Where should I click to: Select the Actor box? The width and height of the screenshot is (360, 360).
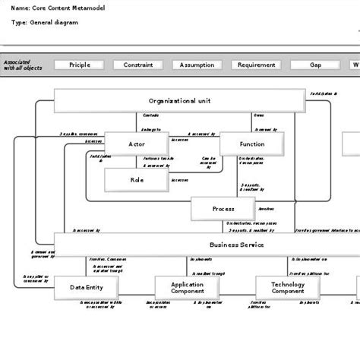[x=136, y=144]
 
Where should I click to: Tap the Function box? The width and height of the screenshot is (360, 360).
[x=251, y=144]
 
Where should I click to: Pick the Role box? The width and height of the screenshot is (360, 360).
[x=136, y=180]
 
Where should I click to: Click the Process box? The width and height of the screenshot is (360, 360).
[x=222, y=208]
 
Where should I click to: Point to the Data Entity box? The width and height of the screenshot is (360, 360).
[x=87, y=288]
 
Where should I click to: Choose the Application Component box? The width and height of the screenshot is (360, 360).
[x=185, y=288]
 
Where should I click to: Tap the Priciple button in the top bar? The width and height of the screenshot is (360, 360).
[x=80, y=65]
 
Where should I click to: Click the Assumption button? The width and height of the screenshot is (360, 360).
[x=197, y=65]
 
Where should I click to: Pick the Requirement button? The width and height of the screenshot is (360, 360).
[x=256, y=65]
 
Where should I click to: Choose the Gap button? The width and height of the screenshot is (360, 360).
[x=314, y=65]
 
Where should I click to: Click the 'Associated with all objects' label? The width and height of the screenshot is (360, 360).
[x=23, y=65]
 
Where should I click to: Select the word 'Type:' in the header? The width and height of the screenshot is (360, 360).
[x=20, y=23]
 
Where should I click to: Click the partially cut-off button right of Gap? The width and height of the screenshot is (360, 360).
[x=355, y=65]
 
